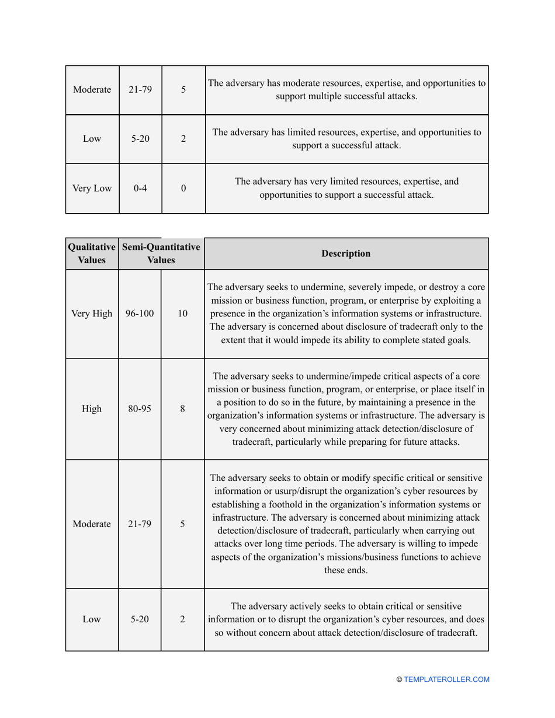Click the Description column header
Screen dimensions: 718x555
point(346,253)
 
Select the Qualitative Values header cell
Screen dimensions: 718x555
point(91,253)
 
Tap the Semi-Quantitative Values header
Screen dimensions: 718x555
point(161,253)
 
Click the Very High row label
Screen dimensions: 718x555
point(91,313)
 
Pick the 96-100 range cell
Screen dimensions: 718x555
point(140,313)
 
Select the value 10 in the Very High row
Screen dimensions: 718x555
point(183,313)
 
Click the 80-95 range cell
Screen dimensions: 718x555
point(140,409)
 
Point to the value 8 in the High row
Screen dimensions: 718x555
point(183,409)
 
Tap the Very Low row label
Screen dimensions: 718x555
point(91,189)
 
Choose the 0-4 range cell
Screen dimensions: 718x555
point(140,189)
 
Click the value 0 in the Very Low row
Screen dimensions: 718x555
point(183,189)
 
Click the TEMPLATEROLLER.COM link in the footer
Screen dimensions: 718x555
point(447,679)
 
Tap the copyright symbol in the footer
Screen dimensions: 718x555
point(400,679)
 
